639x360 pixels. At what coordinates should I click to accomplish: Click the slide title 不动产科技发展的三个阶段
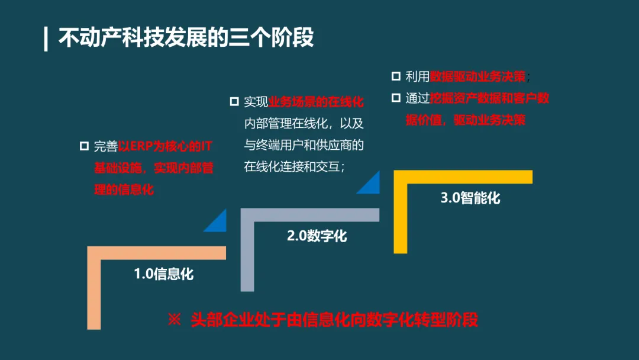point(186,38)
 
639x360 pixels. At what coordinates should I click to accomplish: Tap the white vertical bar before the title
point(46,38)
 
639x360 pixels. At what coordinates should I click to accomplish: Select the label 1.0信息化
point(164,274)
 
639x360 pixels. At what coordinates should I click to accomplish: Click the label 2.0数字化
point(317,236)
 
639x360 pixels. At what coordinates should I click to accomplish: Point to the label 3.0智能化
point(470,198)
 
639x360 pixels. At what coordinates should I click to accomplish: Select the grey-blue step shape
point(247,249)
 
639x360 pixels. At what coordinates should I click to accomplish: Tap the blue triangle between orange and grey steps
point(217,221)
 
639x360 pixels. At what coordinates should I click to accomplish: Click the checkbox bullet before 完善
point(84,146)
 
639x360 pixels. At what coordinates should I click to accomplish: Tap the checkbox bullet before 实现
point(234,101)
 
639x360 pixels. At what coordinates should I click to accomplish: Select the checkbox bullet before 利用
point(396,76)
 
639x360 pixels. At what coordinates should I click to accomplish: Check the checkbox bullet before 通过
point(396,98)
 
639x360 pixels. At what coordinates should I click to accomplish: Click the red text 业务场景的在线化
point(316,102)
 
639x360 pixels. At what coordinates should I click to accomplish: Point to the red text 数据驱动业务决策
point(478,77)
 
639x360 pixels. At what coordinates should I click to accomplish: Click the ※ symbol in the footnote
point(174,320)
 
